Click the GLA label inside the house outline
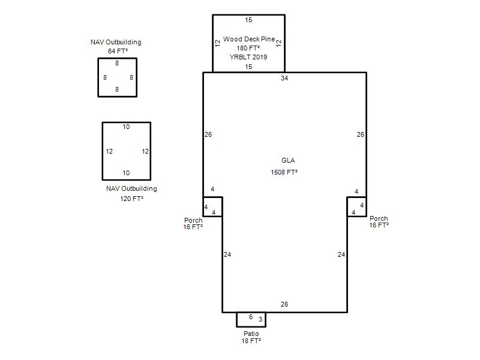[x=288, y=160]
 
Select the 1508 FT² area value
[x=284, y=172]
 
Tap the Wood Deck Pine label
[x=249, y=39]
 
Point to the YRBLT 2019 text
[x=248, y=57]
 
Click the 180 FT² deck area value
[x=248, y=48]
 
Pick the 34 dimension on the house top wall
[x=284, y=78]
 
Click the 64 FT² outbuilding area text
[x=118, y=51]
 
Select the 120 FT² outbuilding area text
[x=131, y=199]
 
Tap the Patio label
[x=251, y=334]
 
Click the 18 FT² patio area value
[x=251, y=341]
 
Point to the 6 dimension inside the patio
[x=251, y=317]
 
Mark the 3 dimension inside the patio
[x=260, y=319]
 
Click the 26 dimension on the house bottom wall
[x=284, y=304]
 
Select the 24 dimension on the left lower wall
[x=227, y=254]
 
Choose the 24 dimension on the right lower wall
[x=341, y=254]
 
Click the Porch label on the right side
[x=379, y=218]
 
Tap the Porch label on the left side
[x=193, y=220]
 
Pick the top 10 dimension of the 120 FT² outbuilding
[x=126, y=127]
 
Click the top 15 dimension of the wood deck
[x=248, y=20]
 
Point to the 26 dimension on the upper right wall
[x=361, y=134]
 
